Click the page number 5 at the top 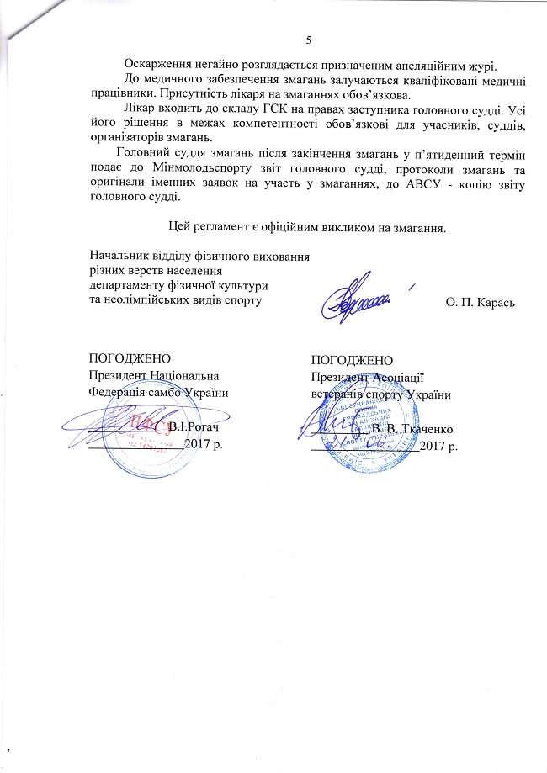pos(309,41)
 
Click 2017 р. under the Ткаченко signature pos(438,445)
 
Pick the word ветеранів pos(338,393)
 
